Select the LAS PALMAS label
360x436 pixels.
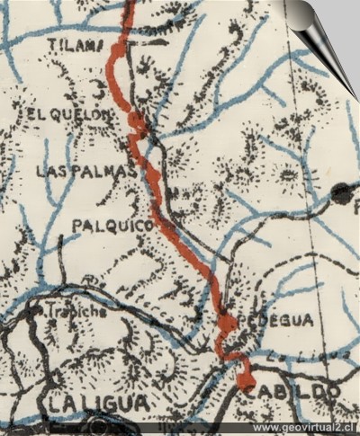[x=86, y=170]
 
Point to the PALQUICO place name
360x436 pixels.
[x=114, y=227]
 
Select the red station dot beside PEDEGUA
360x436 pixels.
[x=228, y=322]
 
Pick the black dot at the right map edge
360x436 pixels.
[x=342, y=191]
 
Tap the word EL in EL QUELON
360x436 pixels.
[x=37, y=114]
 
